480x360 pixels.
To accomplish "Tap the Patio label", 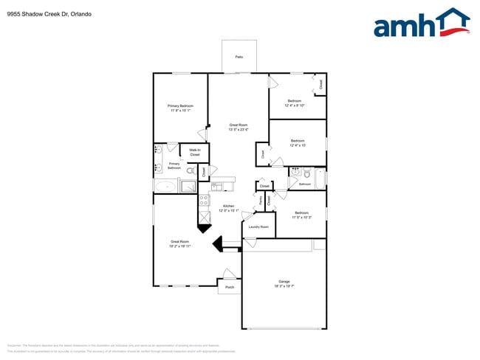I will click(239, 57).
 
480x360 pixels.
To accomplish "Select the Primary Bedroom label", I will click(180, 106).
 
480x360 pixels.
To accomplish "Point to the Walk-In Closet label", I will click(195, 153).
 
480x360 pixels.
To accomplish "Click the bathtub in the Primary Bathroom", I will click(166, 186).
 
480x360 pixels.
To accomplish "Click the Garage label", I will click(284, 281).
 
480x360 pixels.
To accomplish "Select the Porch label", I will click(230, 287).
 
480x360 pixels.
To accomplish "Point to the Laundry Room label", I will click(258, 227).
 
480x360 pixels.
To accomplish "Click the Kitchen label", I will click(228, 207).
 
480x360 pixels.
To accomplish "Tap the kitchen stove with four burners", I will click(205, 199).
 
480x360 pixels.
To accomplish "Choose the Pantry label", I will click(261, 199).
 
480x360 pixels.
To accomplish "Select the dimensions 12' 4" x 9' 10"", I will click(295, 105).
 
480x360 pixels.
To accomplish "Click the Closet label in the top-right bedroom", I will click(320, 84).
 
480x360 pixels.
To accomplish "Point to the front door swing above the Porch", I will click(229, 273).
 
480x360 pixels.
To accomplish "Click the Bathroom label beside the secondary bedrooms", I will click(304, 184).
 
